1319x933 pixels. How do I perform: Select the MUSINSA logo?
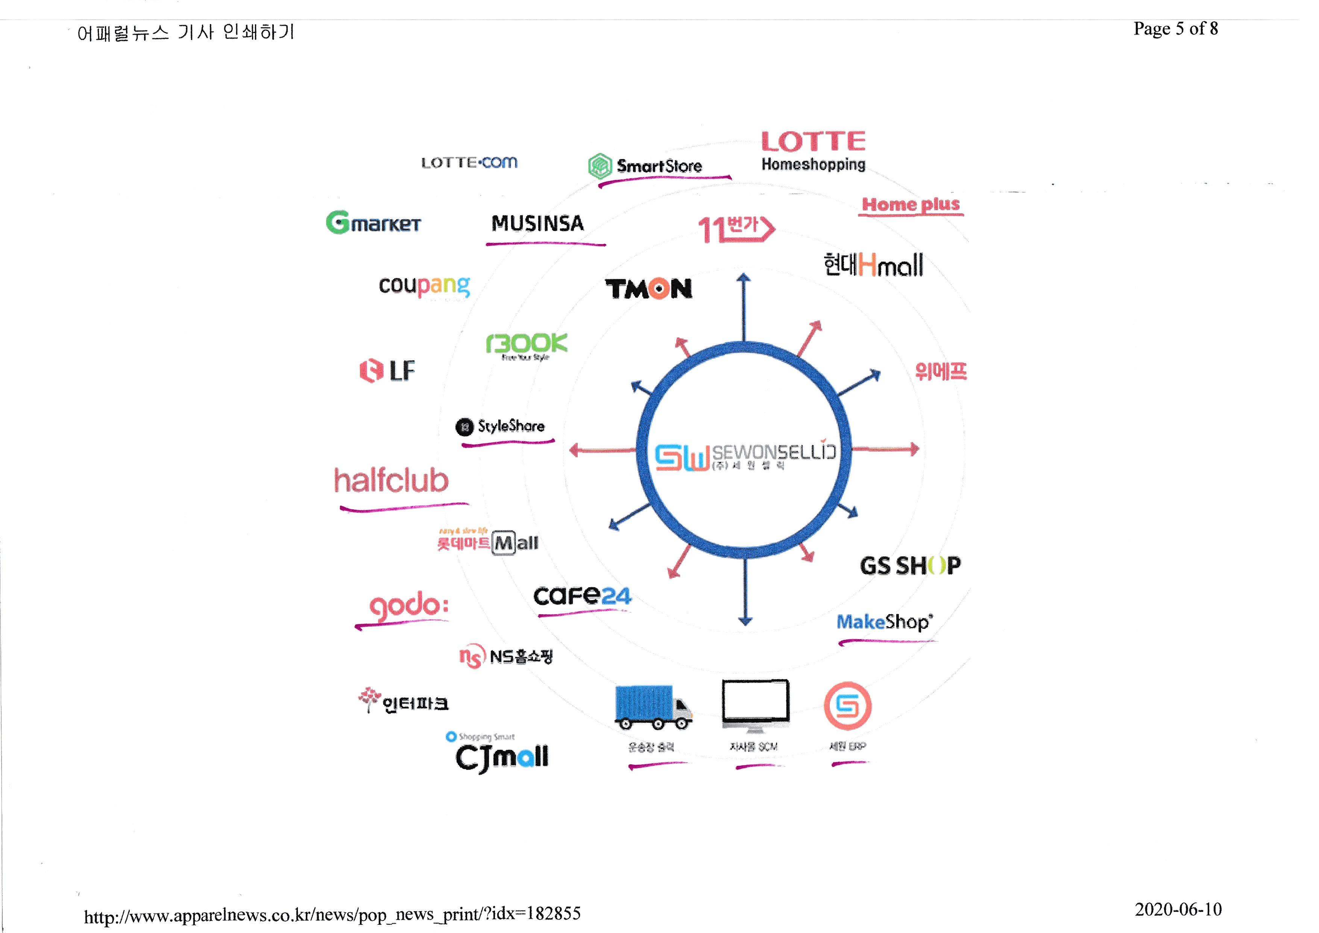(538, 223)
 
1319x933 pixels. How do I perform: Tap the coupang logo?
(425, 286)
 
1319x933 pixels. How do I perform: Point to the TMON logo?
(648, 289)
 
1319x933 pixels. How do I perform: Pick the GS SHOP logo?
(910, 566)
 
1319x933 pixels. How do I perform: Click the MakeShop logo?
(884, 621)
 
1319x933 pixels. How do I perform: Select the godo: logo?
(408, 606)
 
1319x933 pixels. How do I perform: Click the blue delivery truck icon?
(652, 706)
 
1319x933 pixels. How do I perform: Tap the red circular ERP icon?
(847, 705)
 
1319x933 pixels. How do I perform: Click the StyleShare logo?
(500, 426)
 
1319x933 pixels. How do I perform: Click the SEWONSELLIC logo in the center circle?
(745, 456)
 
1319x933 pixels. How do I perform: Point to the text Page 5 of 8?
(1175, 29)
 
